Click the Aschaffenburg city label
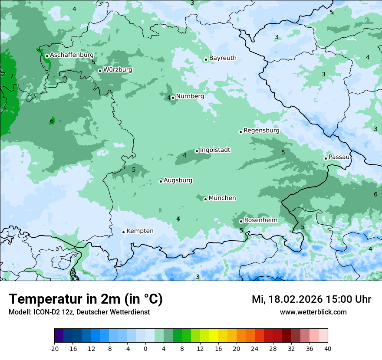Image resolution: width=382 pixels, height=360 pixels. (x=72, y=55)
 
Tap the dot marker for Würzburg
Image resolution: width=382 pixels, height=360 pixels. (x=100, y=71)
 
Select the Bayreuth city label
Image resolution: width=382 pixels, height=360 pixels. (x=223, y=58)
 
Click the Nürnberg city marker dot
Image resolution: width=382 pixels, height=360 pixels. (x=173, y=98)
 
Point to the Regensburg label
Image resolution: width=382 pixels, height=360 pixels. (x=261, y=130)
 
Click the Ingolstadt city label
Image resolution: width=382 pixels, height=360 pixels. (x=215, y=150)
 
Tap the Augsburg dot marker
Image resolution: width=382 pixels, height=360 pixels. (x=161, y=181)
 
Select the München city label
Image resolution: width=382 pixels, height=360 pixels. (x=222, y=198)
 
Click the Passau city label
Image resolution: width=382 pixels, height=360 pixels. (x=339, y=157)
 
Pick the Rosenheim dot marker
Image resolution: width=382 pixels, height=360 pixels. (x=241, y=221)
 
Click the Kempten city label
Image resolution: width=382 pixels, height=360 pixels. (x=140, y=231)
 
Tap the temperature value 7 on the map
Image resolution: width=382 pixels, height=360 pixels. (x=12, y=76)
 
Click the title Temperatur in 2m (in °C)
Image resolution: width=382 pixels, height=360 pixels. (x=86, y=299)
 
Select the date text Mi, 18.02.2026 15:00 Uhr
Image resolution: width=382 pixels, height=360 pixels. (x=311, y=299)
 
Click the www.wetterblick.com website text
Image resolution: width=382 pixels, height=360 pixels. (x=313, y=312)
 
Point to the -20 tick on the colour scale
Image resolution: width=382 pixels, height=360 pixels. (x=54, y=348)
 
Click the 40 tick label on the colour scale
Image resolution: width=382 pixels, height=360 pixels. (x=327, y=348)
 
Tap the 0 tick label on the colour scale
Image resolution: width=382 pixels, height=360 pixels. (x=145, y=348)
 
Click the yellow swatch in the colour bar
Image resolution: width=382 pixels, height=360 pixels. (x=214, y=336)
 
